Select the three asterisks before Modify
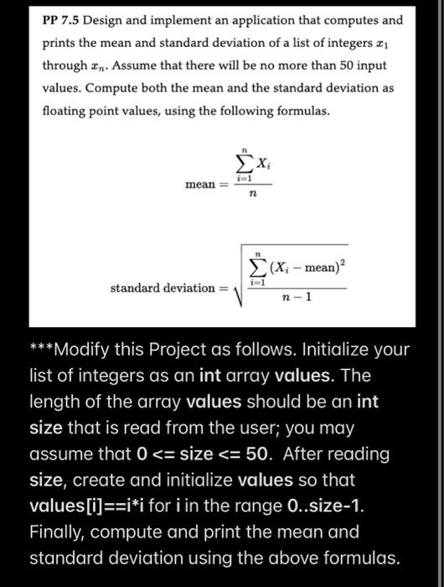[43, 350]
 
